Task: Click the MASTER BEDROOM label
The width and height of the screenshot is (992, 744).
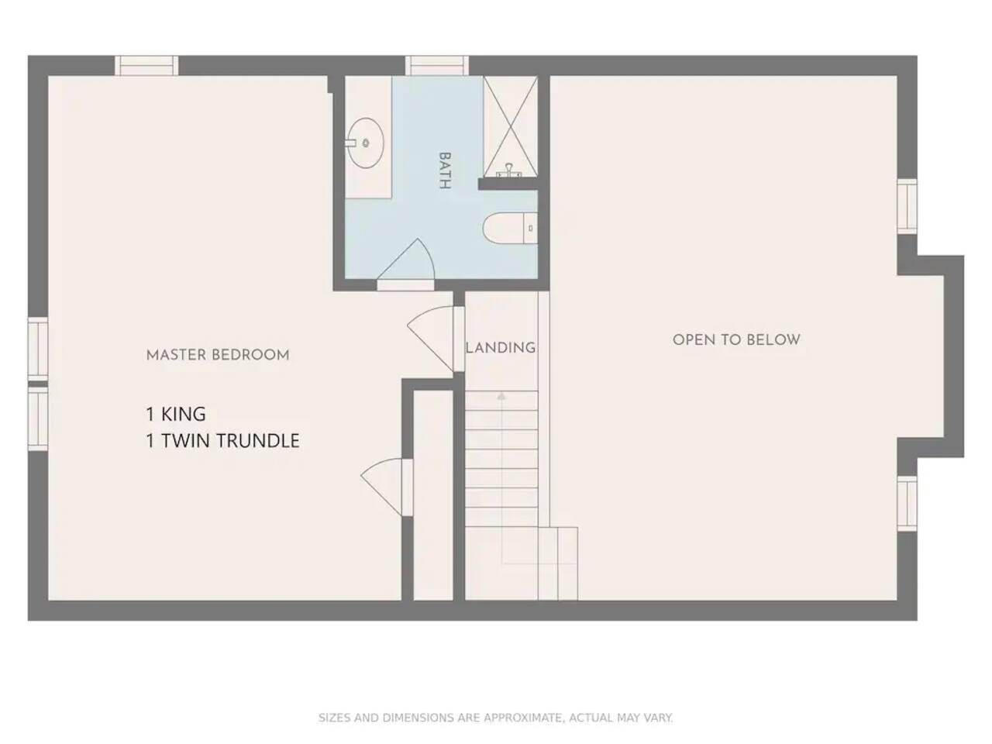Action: pyautogui.click(x=218, y=355)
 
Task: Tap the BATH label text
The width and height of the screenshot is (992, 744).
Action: pyautogui.click(x=445, y=170)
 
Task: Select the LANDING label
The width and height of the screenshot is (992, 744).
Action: pyautogui.click(x=501, y=347)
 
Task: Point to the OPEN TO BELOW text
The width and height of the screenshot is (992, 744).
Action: pyautogui.click(x=736, y=339)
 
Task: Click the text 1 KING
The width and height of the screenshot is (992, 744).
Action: pyautogui.click(x=175, y=414)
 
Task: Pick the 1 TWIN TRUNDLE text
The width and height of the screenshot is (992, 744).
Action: pyautogui.click(x=222, y=440)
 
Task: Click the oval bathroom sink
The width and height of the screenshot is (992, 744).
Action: pyautogui.click(x=365, y=143)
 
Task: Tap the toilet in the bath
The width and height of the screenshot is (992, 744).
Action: pyautogui.click(x=510, y=228)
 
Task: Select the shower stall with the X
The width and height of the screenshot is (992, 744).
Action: pyautogui.click(x=511, y=126)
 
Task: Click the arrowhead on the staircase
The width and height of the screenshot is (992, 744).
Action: pyautogui.click(x=501, y=396)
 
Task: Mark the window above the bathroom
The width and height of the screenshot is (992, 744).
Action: pyautogui.click(x=436, y=66)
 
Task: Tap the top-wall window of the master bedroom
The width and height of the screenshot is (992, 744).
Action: pyautogui.click(x=146, y=66)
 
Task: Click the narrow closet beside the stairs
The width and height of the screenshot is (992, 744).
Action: pyautogui.click(x=433, y=495)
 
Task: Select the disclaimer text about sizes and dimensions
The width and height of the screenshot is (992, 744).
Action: pyautogui.click(x=496, y=718)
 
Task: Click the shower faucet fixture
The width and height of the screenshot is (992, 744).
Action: pyautogui.click(x=509, y=170)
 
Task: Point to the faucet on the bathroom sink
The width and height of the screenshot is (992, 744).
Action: pyautogui.click(x=351, y=143)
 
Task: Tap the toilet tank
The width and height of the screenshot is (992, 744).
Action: pyautogui.click(x=531, y=228)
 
